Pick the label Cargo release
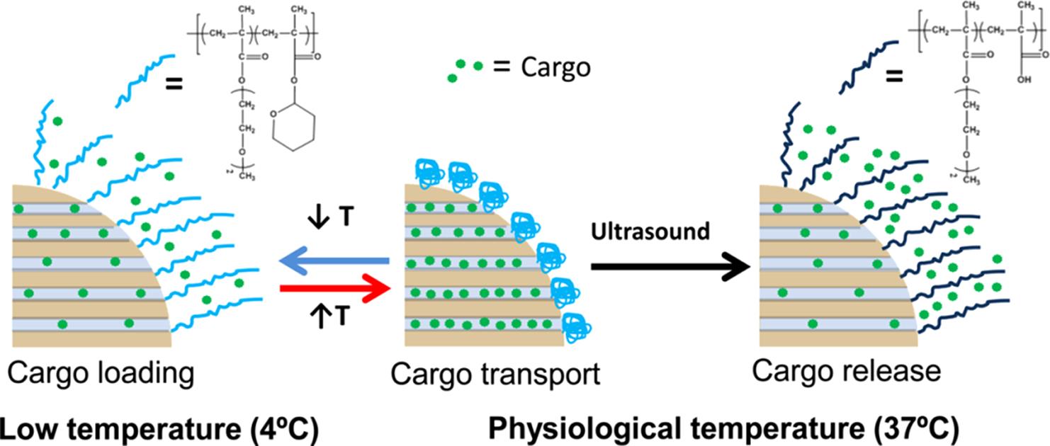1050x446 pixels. [x=847, y=370]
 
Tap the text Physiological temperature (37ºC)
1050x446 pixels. [x=723, y=428]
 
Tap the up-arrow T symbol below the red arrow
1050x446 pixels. [x=332, y=316]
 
